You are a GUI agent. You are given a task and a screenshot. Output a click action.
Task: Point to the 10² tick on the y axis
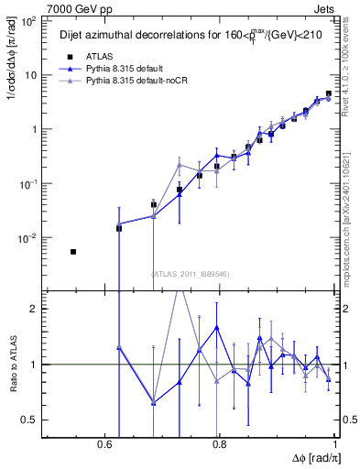[x=29, y=21]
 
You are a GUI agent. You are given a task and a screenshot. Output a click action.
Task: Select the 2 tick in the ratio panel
[x=33, y=309]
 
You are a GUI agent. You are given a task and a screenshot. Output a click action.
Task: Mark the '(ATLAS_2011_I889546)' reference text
[x=189, y=273]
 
